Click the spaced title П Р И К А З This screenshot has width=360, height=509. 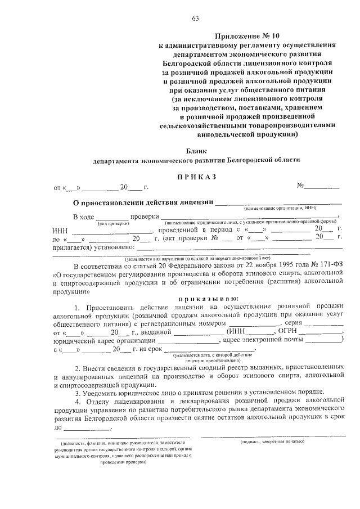[197, 176]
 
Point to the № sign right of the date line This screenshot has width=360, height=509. [301, 186]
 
